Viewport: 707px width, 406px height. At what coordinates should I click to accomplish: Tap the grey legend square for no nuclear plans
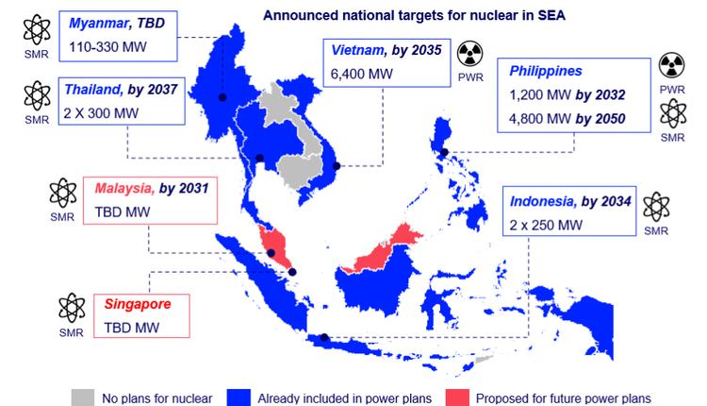[x=83, y=398]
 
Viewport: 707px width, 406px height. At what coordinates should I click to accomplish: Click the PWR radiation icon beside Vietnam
[x=469, y=53]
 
